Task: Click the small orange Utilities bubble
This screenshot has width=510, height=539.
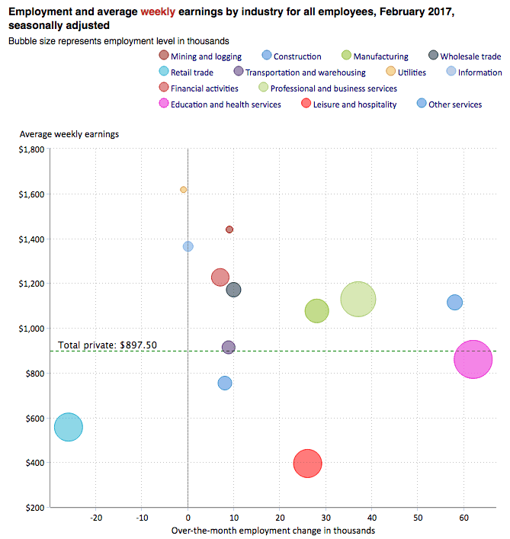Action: pyautogui.click(x=183, y=189)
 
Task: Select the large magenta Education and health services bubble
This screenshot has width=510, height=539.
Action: pyautogui.click(x=473, y=359)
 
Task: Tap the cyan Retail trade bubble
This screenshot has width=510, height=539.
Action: pyautogui.click(x=69, y=427)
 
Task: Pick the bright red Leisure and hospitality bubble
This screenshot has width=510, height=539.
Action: pyautogui.click(x=307, y=462)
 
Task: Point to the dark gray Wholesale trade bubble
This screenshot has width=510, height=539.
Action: pyautogui.click(x=233, y=290)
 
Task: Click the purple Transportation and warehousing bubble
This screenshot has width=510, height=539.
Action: pyautogui.click(x=228, y=347)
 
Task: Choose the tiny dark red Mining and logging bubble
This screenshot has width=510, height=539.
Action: pyautogui.click(x=229, y=229)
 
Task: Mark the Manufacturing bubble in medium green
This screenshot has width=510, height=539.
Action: pyautogui.click(x=316, y=311)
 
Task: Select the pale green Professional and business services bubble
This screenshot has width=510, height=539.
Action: pyautogui.click(x=358, y=299)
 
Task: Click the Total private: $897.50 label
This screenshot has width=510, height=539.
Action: pyautogui.click(x=107, y=345)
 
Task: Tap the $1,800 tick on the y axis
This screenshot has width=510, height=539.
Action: pyautogui.click(x=33, y=149)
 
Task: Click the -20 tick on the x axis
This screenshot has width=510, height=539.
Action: pyautogui.click(x=96, y=517)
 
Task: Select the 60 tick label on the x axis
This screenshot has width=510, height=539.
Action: pyautogui.click(x=463, y=517)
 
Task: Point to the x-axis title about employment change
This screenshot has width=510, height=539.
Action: pyautogui.click(x=273, y=530)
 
